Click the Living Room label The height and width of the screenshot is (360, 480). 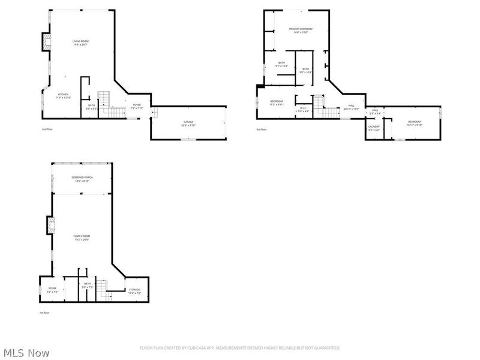tap(80, 41)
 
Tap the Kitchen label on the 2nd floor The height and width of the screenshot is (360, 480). tap(63, 94)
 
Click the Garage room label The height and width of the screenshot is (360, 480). tap(188, 122)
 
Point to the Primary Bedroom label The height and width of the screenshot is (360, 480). tap(301, 29)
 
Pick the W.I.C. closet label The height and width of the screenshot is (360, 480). tap(303, 109)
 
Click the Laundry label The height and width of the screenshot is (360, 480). tap(374, 127)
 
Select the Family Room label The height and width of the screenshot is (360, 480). tap(81, 236)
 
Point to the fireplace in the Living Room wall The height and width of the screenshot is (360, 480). tap(47, 41)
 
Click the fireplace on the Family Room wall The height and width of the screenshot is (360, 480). tap(51, 224)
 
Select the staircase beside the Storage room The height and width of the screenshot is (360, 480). tap(104, 288)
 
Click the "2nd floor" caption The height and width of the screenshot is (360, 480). tap(47, 129)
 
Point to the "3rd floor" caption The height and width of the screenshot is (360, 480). tap(262, 129)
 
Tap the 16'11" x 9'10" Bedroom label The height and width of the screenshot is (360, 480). tap(415, 123)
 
